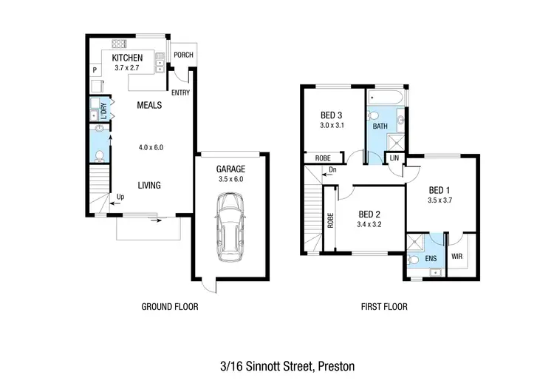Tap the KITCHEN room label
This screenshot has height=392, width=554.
pyautogui.click(x=126, y=58)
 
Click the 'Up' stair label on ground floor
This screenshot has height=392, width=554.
pyautogui.click(x=120, y=197)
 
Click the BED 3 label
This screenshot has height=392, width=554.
pyautogui.click(x=331, y=115)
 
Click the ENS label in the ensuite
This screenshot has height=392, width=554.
pyautogui.click(x=430, y=259)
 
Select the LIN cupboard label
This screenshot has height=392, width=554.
pyautogui.click(x=394, y=158)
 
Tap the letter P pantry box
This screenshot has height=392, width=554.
pyautogui.click(x=95, y=70)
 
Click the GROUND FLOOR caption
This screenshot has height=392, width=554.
pyautogui.click(x=169, y=306)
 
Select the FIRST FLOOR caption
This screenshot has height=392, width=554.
pyautogui.click(x=383, y=306)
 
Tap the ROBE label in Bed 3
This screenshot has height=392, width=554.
pyautogui.click(x=323, y=158)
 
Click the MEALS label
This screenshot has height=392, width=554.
pyautogui.click(x=149, y=105)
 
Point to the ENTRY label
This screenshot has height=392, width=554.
pyautogui.click(x=179, y=93)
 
